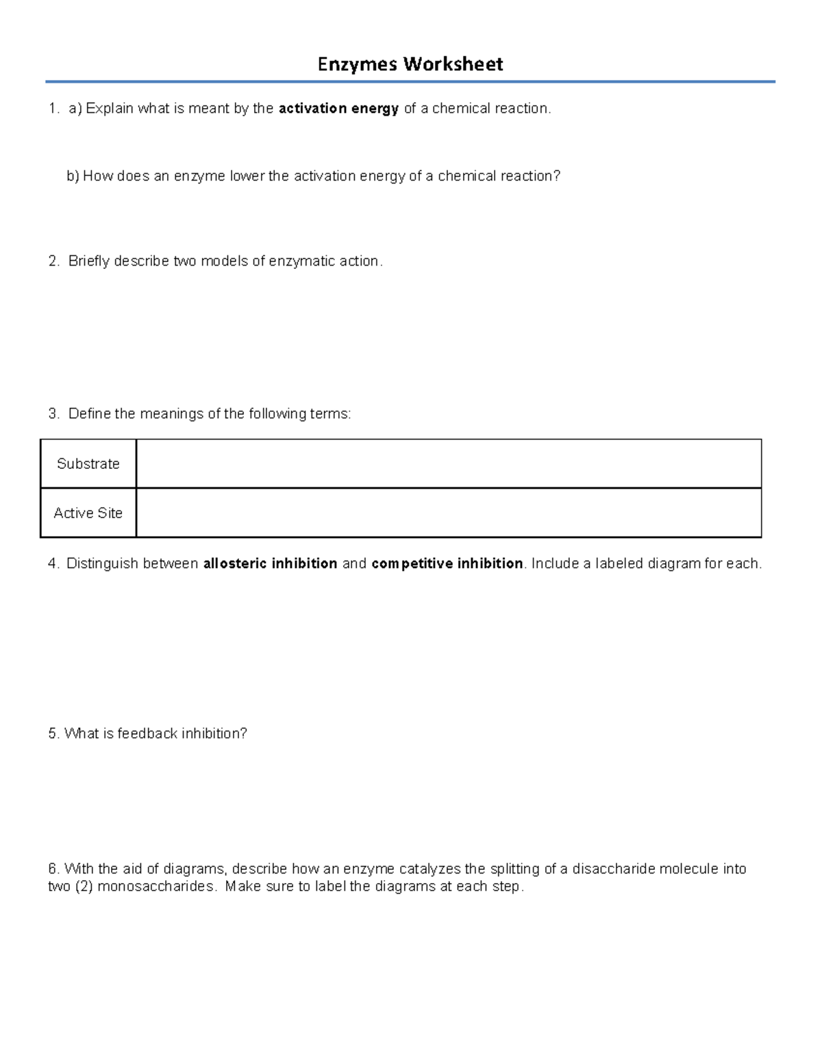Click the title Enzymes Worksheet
tap(410, 64)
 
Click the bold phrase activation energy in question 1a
tap(338, 109)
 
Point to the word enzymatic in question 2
tap(302, 261)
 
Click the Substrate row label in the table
tap(88, 464)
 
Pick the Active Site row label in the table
tap(88, 513)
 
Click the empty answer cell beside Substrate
tap(449, 464)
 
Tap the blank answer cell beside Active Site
tap(449, 513)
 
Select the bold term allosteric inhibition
tap(270, 564)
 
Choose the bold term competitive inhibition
tap(447, 564)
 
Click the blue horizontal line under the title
tap(410, 82)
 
